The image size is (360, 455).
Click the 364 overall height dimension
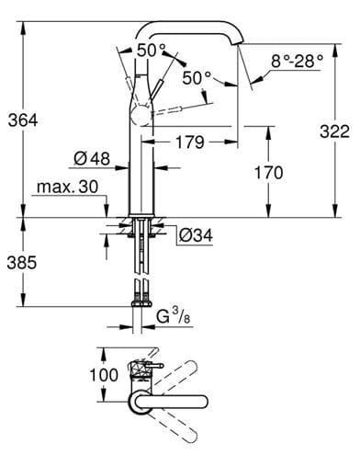[x=23, y=120]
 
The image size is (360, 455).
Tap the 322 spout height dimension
[x=334, y=131]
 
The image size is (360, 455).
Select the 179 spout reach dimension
[x=190, y=142]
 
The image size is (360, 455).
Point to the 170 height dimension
[x=269, y=173]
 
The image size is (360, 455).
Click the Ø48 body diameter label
[x=92, y=159]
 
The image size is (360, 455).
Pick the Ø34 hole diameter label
[x=196, y=236]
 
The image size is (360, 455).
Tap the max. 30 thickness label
[x=68, y=187]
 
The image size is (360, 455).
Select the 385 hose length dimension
[x=22, y=263]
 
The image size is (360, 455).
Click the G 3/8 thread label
[x=173, y=316]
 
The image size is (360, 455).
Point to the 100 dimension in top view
[x=104, y=375]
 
